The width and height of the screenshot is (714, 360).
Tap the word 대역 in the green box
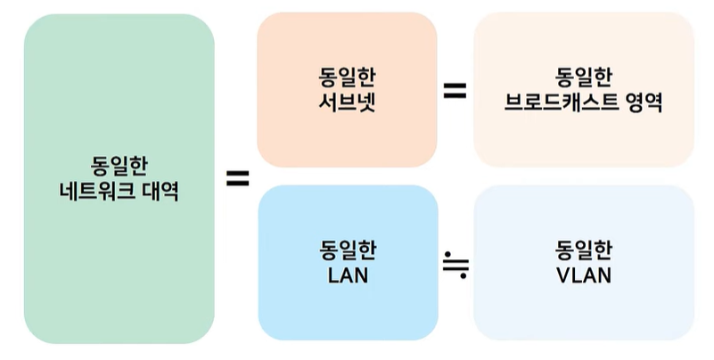[x=159, y=191]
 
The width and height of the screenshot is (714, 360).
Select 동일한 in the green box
[x=119, y=166]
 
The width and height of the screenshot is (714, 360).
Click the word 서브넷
[x=347, y=101]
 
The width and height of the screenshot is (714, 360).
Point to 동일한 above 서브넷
[x=347, y=76]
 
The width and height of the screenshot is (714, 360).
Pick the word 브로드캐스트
[x=556, y=102]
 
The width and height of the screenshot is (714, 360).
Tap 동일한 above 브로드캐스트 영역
[x=584, y=77]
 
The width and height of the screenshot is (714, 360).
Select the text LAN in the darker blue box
[x=348, y=275]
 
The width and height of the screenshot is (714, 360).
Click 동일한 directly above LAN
[x=348, y=250]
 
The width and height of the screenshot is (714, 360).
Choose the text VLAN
[x=584, y=275]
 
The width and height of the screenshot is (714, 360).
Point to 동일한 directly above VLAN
[x=584, y=250]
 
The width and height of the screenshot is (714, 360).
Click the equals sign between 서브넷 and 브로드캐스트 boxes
[x=455, y=89]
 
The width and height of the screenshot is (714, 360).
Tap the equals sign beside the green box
[x=236, y=177]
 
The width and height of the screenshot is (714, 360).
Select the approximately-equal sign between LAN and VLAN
[x=455, y=262]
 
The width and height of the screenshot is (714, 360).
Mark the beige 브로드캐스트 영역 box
[x=584, y=138]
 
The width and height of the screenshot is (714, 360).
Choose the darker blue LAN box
[x=348, y=312]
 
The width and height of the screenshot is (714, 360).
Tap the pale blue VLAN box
[x=584, y=312]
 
